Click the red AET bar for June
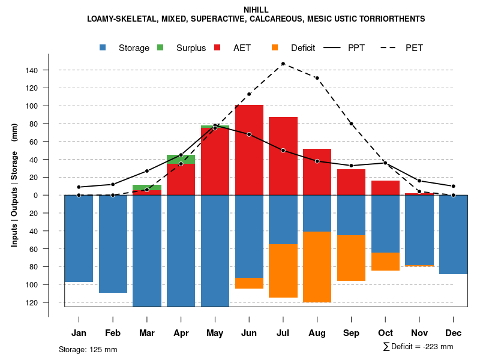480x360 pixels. tap(249, 150)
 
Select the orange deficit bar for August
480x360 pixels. tap(317, 267)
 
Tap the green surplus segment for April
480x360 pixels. tap(181, 159)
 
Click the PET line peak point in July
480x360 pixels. tap(283, 64)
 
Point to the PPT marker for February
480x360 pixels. tap(113, 184)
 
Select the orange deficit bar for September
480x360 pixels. tap(351, 258)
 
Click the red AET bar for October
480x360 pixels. tap(385, 188)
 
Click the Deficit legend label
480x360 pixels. tap(303, 48)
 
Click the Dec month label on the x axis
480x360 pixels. tap(454, 333)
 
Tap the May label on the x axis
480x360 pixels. tap(215, 333)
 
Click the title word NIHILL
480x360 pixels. tap(256, 10)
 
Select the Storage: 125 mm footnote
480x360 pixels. tap(88, 349)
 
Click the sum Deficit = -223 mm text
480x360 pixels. tap(418, 347)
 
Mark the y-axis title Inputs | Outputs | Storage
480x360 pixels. tap(14, 185)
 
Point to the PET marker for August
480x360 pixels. tap(317, 78)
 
